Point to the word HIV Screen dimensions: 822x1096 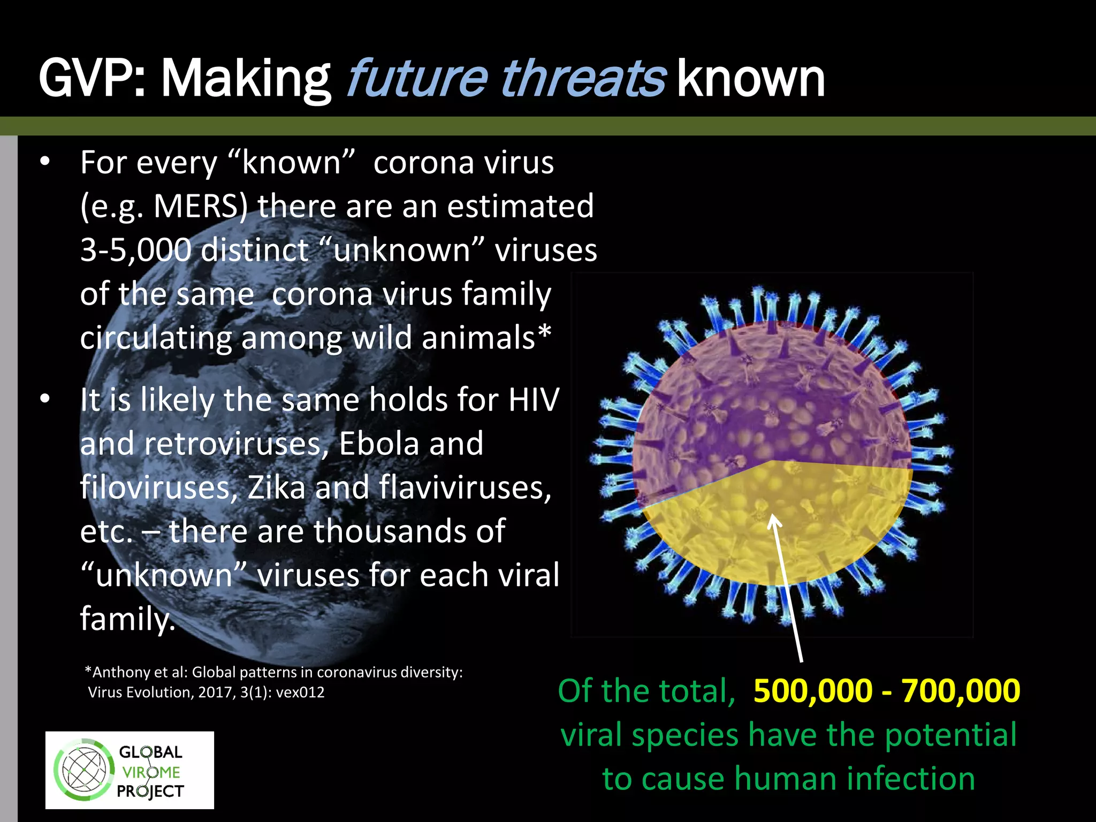coord(534,400)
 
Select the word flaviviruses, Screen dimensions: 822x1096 coord(465,488)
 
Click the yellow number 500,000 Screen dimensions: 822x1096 coord(813,690)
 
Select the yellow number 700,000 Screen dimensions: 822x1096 coord(961,690)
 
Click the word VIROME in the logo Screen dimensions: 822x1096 coord(151,772)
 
